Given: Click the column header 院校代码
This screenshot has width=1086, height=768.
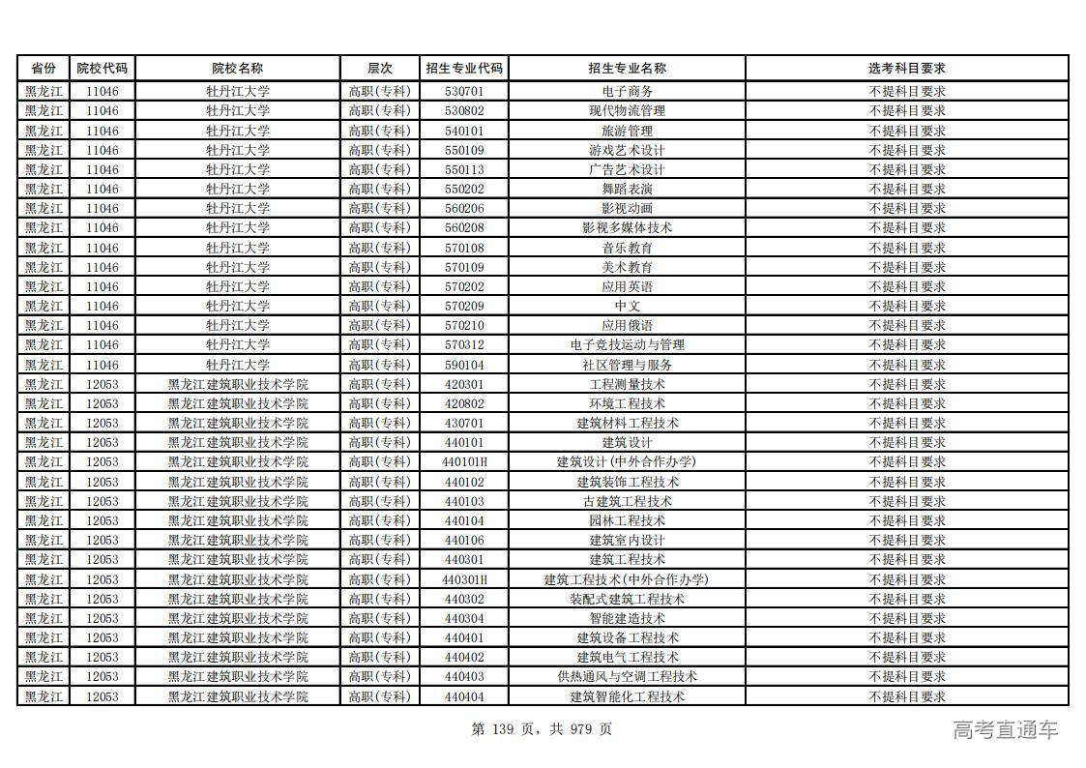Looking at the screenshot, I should pyautogui.click(x=102, y=69).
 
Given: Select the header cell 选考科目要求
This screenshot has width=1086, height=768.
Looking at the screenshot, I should pyautogui.click(x=906, y=69).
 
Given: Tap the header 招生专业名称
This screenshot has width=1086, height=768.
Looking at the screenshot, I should pyautogui.click(x=627, y=69).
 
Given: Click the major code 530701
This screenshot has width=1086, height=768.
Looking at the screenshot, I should pyautogui.click(x=464, y=91).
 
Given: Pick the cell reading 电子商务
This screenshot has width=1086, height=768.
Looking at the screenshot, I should pyautogui.click(x=627, y=91).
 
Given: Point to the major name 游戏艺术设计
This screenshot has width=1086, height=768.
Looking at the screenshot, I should pyautogui.click(x=627, y=150).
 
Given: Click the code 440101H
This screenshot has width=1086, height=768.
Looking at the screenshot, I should pyautogui.click(x=464, y=461).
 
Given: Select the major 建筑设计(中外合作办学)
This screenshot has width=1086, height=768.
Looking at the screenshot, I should pyautogui.click(x=627, y=461).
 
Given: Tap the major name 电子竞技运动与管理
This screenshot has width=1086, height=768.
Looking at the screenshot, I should pyautogui.click(x=627, y=344).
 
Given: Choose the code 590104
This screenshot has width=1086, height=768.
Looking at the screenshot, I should pyautogui.click(x=464, y=365).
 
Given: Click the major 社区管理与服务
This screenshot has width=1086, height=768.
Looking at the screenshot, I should pyautogui.click(x=627, y=365).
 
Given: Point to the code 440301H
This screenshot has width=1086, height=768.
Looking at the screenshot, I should pyautogui.click(x=464, y=579).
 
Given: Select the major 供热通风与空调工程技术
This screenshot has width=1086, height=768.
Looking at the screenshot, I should pyautogui.click(x=627, y=676).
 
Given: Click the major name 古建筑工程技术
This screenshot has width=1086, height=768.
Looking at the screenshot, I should pyautogui.click(x=627, y=501).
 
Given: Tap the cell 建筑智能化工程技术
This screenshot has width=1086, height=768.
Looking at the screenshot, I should pyautogui.click(x=627, y=696).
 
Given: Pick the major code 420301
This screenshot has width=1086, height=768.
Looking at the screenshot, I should pyautogui.click(x=464, y=384).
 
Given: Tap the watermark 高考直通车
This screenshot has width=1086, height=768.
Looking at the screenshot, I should pyautogui.click(x=1005, y=730).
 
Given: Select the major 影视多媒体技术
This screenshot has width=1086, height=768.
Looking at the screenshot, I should pyautogui.click(x=627, y=227).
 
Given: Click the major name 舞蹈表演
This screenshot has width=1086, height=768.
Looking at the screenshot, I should pyautogui.click(x=627, y=189).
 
